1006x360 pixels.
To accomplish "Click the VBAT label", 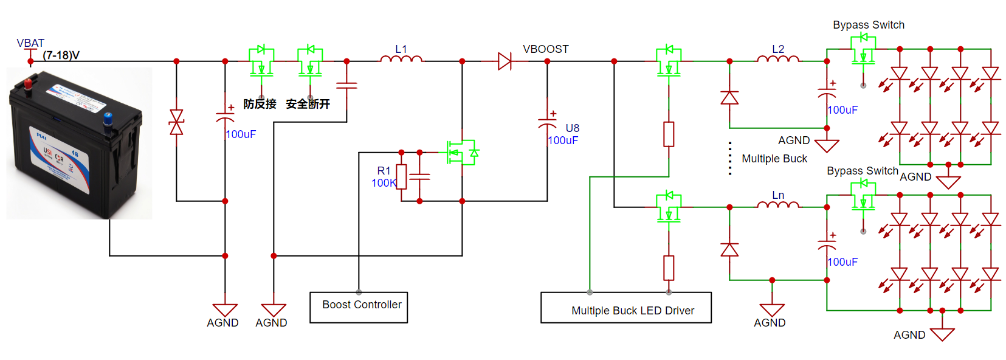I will point(30,43).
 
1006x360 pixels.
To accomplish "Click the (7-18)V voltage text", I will point(61,55).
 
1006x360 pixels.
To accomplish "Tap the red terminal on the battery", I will point(28,84).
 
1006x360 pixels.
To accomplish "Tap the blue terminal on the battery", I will point(108,117).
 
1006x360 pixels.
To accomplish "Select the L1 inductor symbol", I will point(401,59).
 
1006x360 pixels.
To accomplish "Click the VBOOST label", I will point(546,49).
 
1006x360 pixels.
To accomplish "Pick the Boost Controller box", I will point(359,307).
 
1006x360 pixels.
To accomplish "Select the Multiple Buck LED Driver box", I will point(626,308).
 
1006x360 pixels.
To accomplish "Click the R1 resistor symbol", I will point(401,176).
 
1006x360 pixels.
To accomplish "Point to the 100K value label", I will point(384,183).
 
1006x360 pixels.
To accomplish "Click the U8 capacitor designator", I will point(573,128).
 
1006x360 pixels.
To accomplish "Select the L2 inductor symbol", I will point(778,59).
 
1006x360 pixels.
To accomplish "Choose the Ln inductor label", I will point(778,195).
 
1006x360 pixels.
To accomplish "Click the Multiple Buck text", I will point(774,159).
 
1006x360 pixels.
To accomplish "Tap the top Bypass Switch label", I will point(869,25).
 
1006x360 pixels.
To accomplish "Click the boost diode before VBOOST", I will point(505,61).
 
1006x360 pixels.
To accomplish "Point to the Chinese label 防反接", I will point(260,104).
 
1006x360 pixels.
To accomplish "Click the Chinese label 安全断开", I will point(308,104).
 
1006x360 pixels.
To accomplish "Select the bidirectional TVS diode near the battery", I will point(176,122).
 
